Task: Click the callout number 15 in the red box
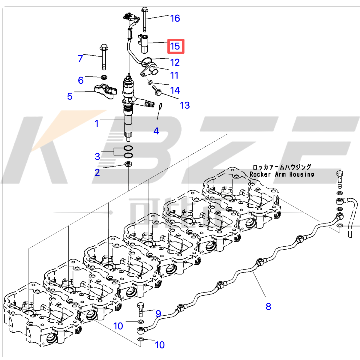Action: (175, 46)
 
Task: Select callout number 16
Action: (175, 18)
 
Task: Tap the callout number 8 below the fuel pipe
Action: (268, 307)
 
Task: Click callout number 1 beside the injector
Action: (97, 124)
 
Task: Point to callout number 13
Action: (185, 105)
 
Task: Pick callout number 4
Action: (156, 131)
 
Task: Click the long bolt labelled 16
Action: (145, 19)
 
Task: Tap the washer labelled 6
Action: (104, 77)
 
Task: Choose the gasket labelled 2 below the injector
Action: (128, 164)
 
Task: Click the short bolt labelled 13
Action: (157, 91)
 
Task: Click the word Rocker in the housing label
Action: (260, 175)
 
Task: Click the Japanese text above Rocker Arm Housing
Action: (282, 167)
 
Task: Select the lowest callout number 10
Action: (160, 345)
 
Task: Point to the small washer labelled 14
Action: (150, 82)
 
